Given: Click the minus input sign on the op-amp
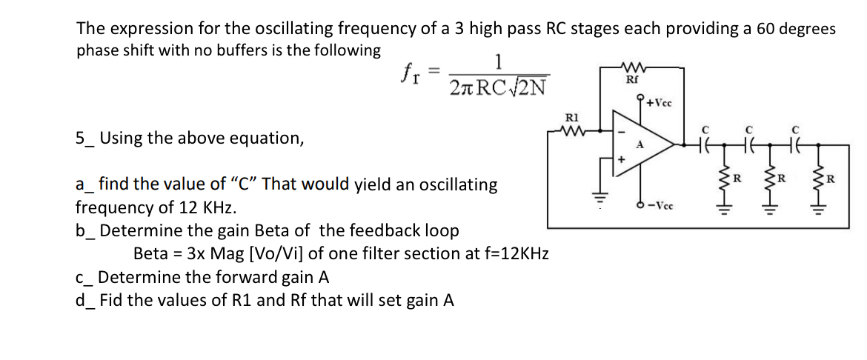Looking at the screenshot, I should tap(622, 133).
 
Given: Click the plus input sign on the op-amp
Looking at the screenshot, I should tap(622, 158).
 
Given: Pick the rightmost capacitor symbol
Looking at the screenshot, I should tap(795, 146).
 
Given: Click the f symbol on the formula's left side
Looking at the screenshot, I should tap(405, 72).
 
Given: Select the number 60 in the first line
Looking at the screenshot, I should tap(767, 29).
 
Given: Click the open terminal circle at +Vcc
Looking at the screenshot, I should tap(639, 99).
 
